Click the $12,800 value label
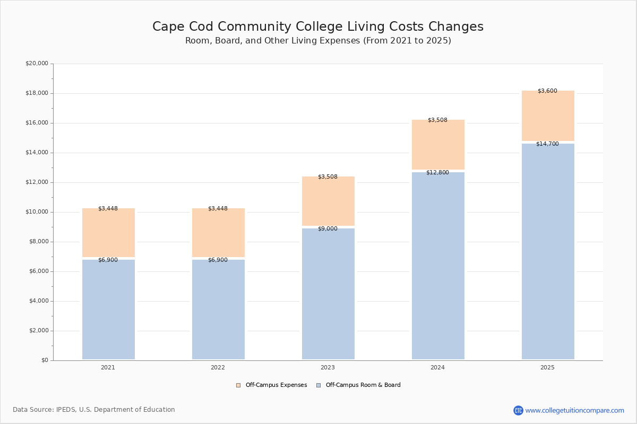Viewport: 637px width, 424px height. pyautogui.click(x=437, y=173)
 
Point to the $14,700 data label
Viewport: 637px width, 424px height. pyautogui.click(x=547, y=144)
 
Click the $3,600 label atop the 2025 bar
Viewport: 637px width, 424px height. pyautogui.click(x=547, y=91)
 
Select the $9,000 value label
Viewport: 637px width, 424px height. pyautogui.click(x=328, y=229)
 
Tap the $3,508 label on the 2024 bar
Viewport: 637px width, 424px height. pyautogui.click(x=437, y=120)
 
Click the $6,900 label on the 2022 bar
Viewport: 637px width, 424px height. pyautogui.click(x=218, y=260)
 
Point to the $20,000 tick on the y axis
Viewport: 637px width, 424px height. pyautogui.click(x=37, y=64)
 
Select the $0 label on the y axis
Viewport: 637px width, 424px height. pyautogui.click(x=44, y=360)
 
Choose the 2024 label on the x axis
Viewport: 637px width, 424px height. pyautogui.click(x=437, y=367)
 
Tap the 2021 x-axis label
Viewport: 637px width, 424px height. pyautogui.click(x=108, y=367)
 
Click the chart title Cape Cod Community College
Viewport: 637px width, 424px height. pyautogui.click(x=318, y=27)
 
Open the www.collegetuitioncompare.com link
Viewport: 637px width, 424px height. pyautogui.click(x=574, y=410)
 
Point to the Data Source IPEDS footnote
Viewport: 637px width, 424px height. pyautogui.click(x=94, y=410)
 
